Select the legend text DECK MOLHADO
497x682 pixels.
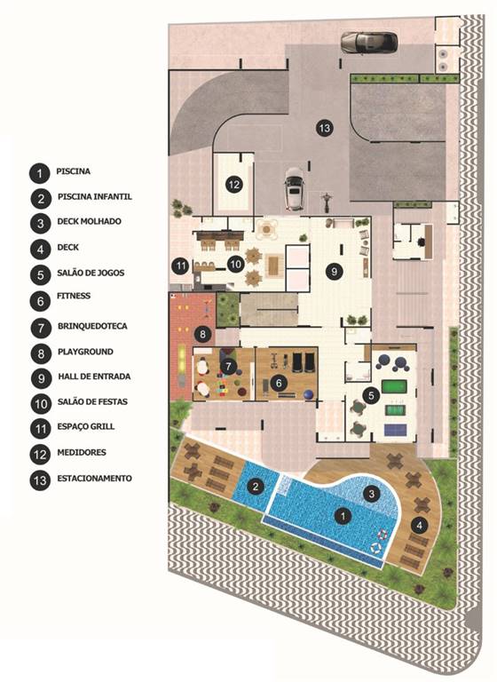click(x=89, y=221)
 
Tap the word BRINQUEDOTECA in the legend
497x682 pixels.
click(x=91, y=326)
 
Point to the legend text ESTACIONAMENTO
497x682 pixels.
click(x=94, y=478)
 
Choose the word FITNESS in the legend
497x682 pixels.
click(x=75, y=295)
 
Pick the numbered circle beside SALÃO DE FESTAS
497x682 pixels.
click(x=39, y=402)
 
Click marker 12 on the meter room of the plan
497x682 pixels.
click(x=233, y=185)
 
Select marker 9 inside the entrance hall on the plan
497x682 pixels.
click(x=334, y=272)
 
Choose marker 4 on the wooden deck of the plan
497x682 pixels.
click(x=422, y=524)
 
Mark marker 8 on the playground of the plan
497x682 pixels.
click(x=203, y=334)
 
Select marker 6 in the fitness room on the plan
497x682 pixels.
click(x=279, y=382)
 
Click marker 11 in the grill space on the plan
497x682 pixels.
click(x=180, y=265)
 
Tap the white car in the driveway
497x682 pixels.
click(x=293, y=189)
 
